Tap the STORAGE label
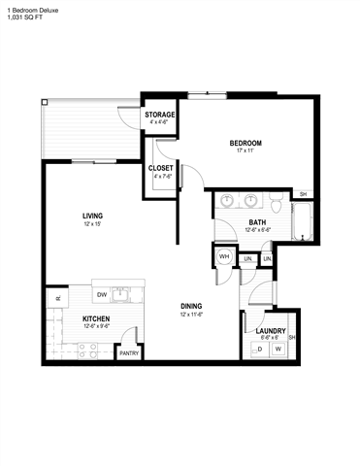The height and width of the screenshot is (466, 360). click(160, 115)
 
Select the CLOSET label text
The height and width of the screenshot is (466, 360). click(160, 168)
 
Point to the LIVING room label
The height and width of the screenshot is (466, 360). click(93, 216)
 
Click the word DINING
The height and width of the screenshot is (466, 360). click(191, 307)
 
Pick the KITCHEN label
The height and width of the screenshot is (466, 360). click(95, 318)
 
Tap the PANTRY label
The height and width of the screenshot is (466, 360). click(128, 353)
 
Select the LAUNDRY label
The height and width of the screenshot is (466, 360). click(270, 331)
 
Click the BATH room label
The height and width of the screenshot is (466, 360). click(257, 222)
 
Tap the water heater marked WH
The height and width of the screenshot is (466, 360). click(223, 257)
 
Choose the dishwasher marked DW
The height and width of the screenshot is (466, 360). click(101, 294)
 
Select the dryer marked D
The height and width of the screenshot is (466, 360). click(261, 349)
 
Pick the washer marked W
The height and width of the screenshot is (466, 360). click(278, 349)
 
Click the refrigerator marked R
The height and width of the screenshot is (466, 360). click(58, 298)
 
